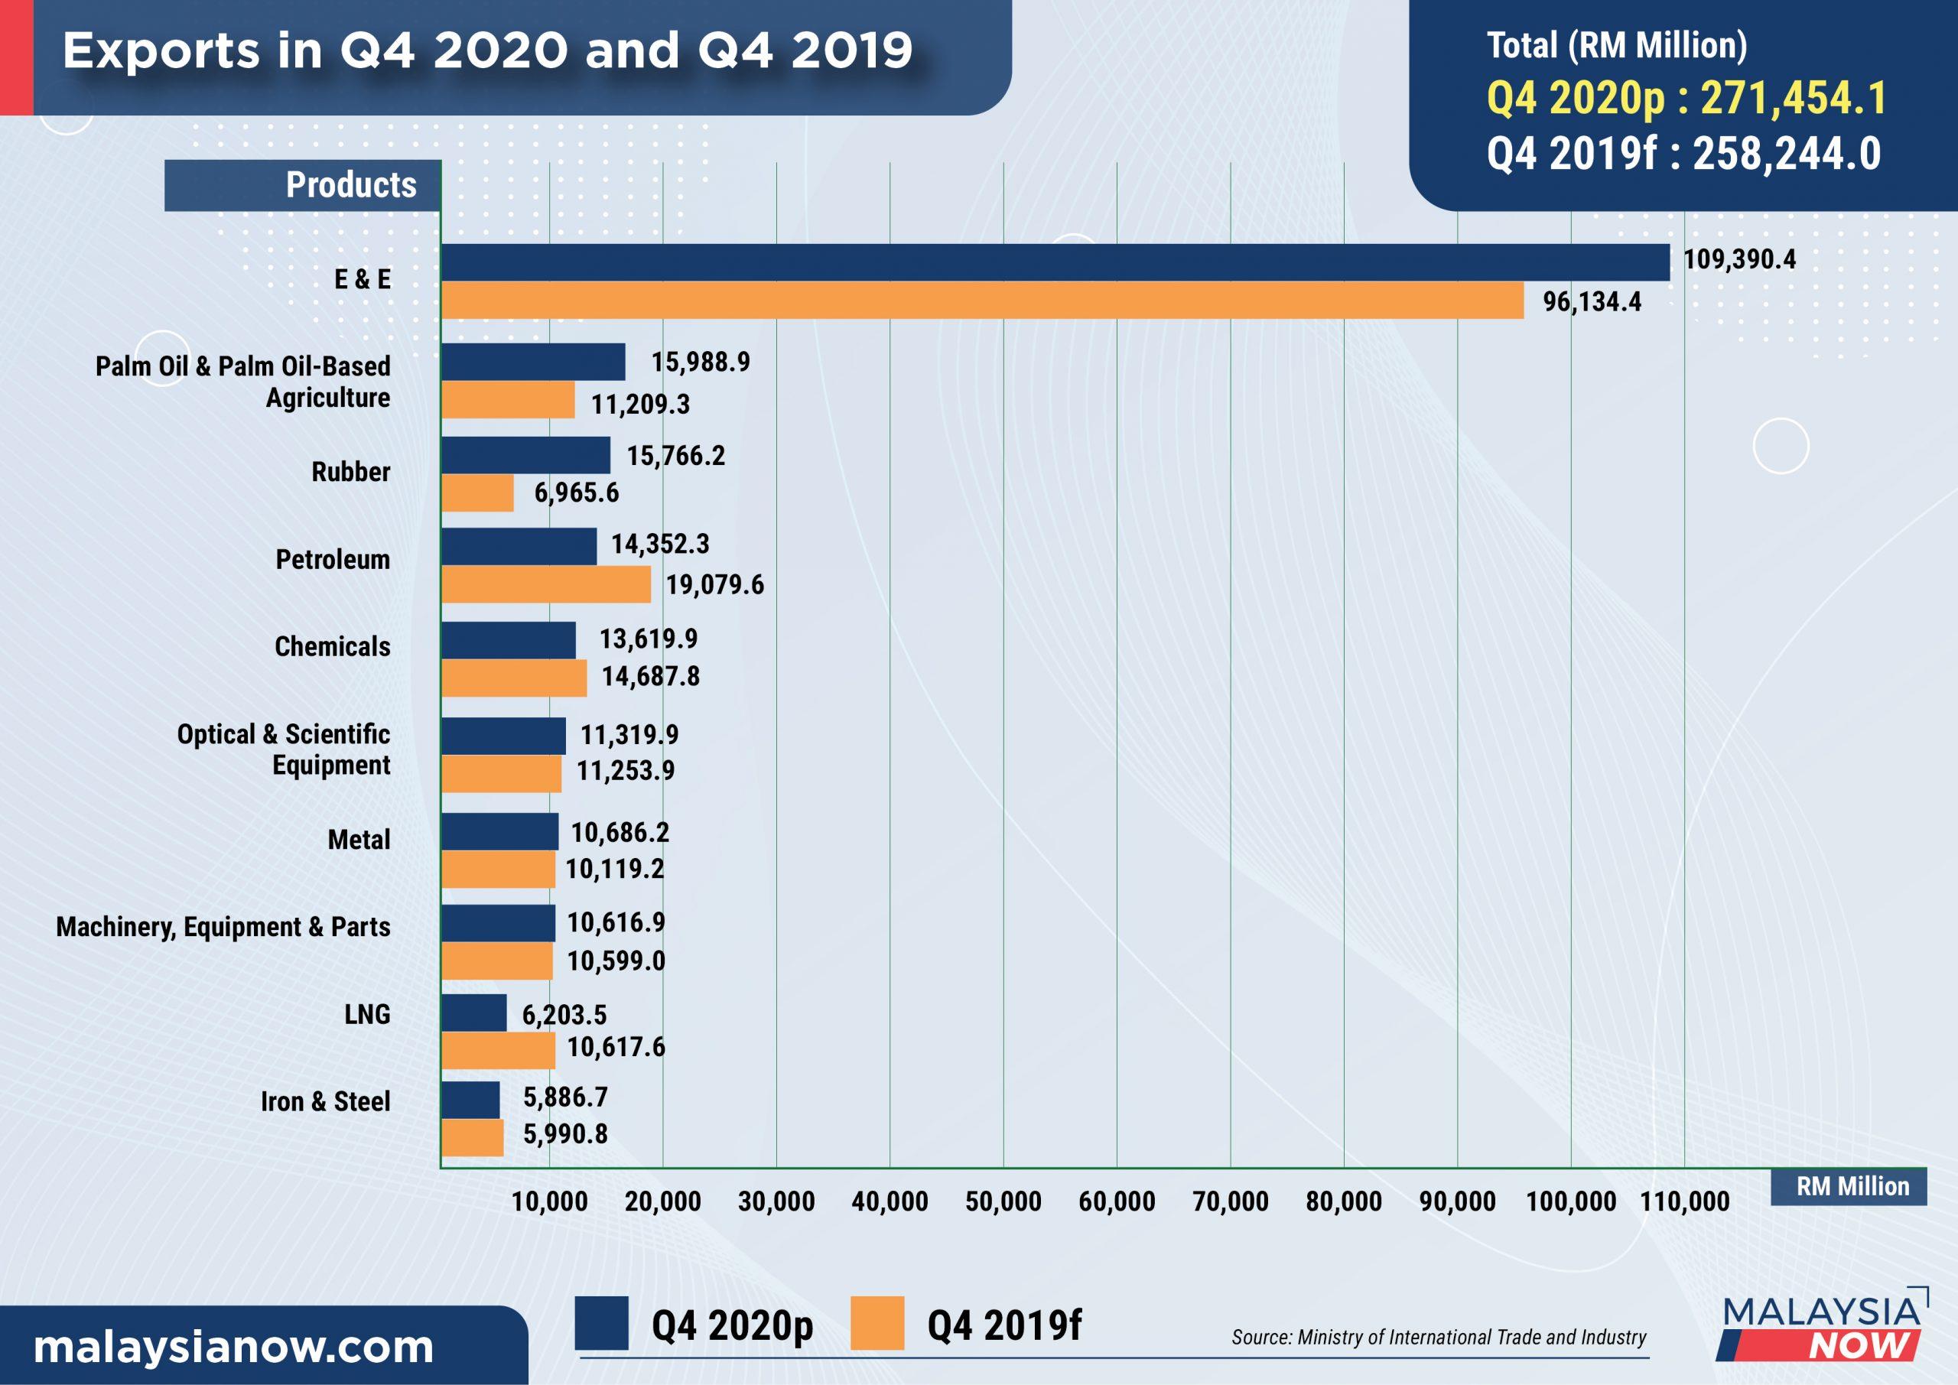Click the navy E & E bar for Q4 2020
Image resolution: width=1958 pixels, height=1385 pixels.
coord(1055,262)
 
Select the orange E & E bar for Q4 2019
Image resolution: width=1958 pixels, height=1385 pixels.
coord(982,301)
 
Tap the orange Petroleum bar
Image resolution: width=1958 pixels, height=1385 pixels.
coord(546,585)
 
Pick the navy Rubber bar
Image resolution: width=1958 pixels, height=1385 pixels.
coord(525,455)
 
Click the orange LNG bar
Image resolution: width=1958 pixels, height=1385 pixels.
coord(498,1050)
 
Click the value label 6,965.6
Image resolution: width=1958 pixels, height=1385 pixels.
coord(577,493)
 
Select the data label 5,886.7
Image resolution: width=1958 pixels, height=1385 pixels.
coord(565,1097)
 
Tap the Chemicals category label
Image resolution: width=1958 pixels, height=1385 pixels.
coord(333,646)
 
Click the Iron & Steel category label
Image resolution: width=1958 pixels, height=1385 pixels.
coord(326,1102)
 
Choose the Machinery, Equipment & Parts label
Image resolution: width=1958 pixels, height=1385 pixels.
coord(223,927)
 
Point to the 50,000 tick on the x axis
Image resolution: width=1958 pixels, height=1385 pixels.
coord(1003,1202)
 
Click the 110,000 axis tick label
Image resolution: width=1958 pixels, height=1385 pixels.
coord(1684,1202)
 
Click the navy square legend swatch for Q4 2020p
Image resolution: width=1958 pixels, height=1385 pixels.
coord(601,1323)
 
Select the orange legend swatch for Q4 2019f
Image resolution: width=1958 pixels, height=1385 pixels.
coord(877,1323)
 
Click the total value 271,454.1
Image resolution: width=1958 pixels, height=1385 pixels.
coord(1793,98)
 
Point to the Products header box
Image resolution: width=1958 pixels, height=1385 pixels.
coord(303,185)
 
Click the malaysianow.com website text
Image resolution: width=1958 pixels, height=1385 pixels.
coord(233,1348)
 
